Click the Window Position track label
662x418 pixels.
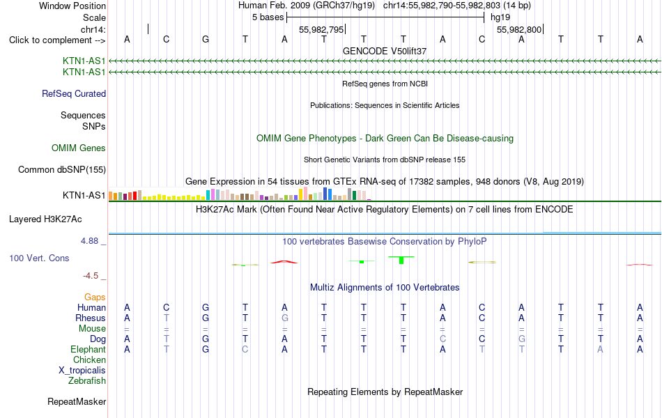point(72,6)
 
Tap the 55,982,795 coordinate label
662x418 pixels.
point(321,29)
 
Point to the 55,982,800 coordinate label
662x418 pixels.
point(519,29)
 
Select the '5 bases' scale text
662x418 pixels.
point(268,17)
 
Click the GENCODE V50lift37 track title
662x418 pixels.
point(385,51)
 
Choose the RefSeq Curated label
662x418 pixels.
point(74,94)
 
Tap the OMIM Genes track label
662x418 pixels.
point(79,148)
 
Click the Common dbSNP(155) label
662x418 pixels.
point(62,170)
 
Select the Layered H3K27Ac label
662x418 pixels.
point(45,219)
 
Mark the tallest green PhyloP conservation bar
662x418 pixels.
point(401,260)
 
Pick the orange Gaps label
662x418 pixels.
point(95,297)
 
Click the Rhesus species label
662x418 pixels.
point(91,318)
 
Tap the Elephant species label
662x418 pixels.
point(88,349)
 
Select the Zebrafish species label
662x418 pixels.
point(87,381)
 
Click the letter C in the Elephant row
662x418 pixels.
point(245,349)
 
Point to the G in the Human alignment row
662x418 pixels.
point(206,307)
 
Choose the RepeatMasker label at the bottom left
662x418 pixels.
point(77,401)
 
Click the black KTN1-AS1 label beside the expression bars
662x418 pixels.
point(84,195)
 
